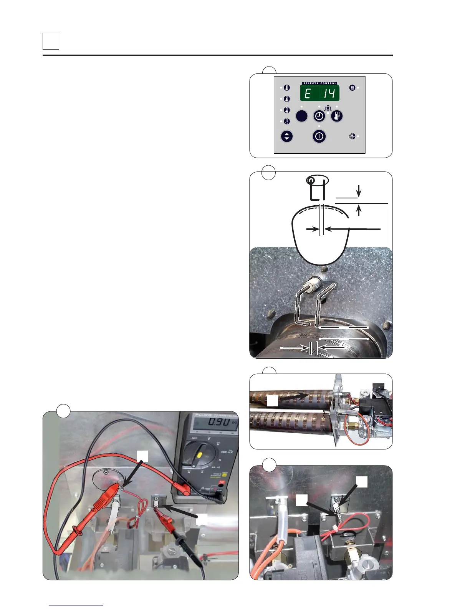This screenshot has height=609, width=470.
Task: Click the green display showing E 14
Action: (319, 93)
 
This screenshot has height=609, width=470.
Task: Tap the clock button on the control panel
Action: (319, 116)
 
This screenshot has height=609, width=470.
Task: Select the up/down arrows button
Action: (287, 136)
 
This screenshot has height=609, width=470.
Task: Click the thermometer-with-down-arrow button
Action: (337, 116)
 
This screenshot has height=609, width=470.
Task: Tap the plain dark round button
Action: (301, 116)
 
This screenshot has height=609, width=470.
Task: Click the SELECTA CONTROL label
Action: (319, 83)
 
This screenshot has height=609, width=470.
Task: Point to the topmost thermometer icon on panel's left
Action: (287, 88)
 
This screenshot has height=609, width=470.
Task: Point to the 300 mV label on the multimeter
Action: (227, 452)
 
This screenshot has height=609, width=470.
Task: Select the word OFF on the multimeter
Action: (195, 438)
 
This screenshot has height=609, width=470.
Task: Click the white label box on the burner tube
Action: (272, 401)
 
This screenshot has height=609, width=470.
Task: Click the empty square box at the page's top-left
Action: (51, 41)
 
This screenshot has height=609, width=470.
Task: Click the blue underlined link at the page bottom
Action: (76, 605)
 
